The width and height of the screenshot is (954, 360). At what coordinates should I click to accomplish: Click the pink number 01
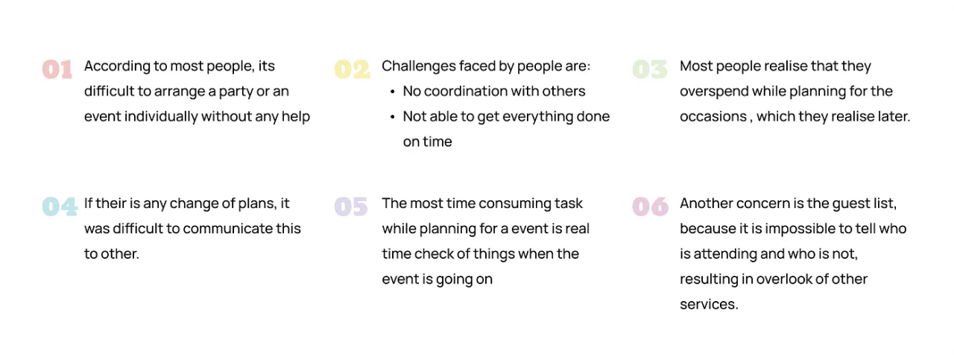pyautogui.click(x=57, y=69)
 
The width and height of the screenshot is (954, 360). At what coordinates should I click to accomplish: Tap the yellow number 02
pyautogui.click(x=352, y=69)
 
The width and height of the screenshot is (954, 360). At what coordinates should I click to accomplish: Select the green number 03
pyautogui.click(x=649, y=69)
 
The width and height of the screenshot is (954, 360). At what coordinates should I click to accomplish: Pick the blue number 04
pyautogui.click(x=60, y=206)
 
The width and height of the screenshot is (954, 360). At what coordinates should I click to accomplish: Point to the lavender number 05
pyautogui.click(x=351, y=206)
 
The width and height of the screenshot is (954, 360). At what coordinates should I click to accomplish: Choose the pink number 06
pyautogui.click(x=651, y=206)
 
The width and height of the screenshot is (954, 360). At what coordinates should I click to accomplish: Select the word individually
pyautogui.click(x=161, y=116)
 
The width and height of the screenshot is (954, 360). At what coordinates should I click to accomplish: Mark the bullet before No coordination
pyautogui.click(x=392, y=92)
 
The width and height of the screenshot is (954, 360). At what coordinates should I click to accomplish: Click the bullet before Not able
pyautogui.click(x=392, y=117)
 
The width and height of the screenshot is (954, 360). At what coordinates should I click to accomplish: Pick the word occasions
pyautogui.click(x=713, y=116)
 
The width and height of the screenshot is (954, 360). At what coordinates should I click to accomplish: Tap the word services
pyautogui.click(x=709, y=304)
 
